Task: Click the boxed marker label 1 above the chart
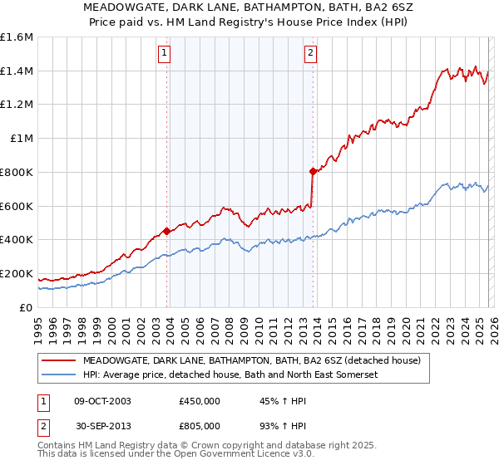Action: [165, 53]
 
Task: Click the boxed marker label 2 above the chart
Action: [310, 53]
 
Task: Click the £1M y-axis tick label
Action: [22, 139]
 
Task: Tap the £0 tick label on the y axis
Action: [27, 307]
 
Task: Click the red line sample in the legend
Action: [59, 361]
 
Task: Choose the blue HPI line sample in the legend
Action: [59, 374]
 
